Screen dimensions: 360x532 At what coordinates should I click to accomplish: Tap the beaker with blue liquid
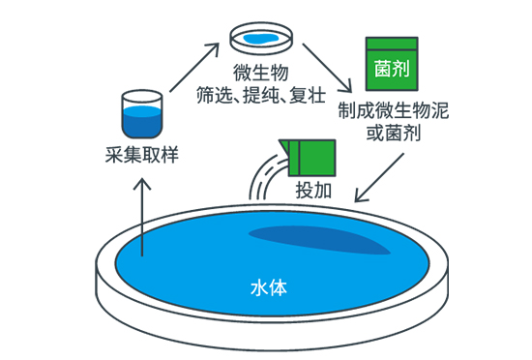tap(142, 115)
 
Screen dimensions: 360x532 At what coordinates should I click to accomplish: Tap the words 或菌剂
tap(391, 131)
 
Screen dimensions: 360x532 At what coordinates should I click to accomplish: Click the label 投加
tap(312, 189)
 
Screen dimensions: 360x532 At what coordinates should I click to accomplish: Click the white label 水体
tap(266, 287)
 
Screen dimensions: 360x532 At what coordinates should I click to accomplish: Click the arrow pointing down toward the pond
tap(380, 174)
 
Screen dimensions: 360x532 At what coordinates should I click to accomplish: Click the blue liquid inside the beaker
tap(142, 123)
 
